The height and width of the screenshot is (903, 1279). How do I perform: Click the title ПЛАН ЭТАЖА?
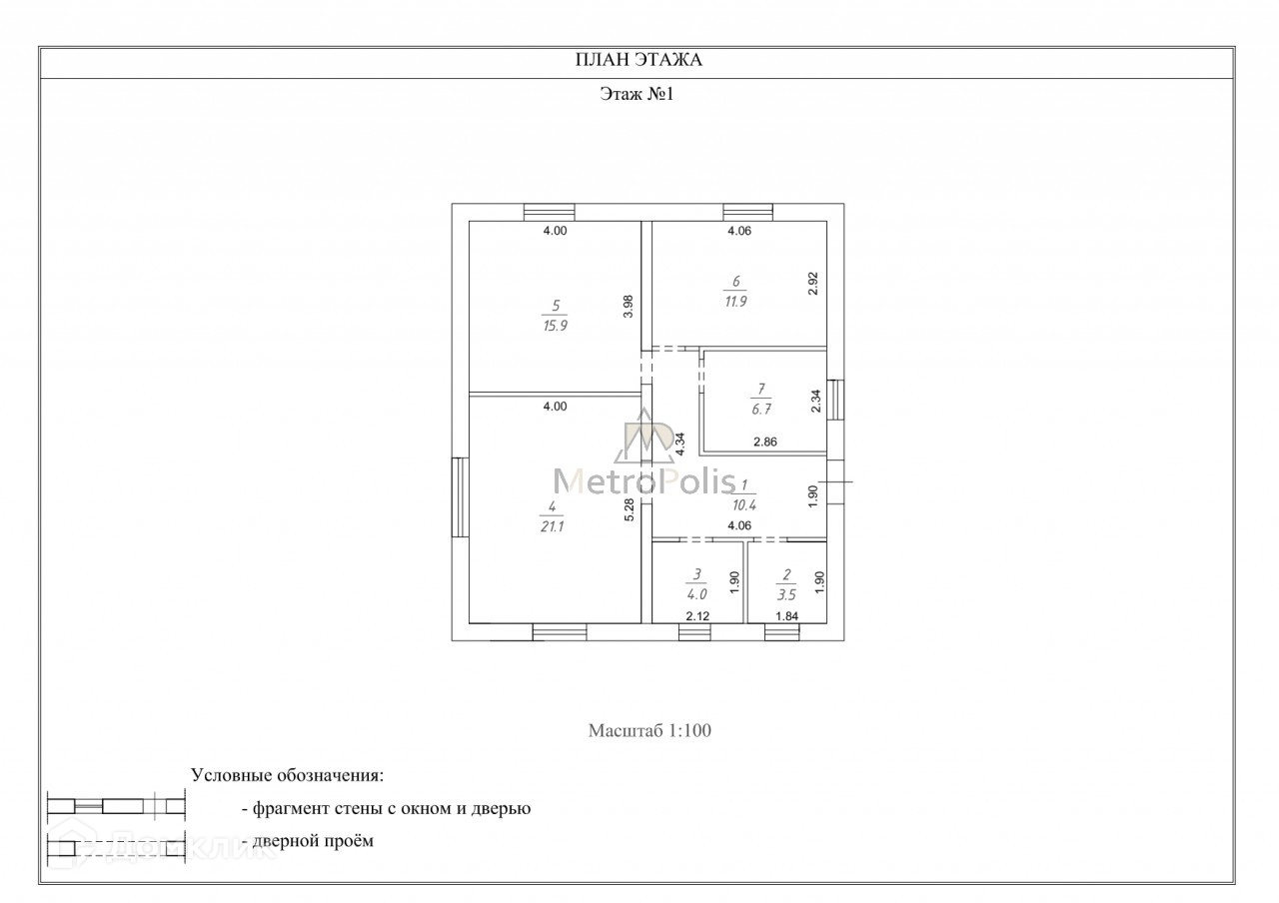639,60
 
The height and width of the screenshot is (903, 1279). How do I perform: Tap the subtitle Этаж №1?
639,94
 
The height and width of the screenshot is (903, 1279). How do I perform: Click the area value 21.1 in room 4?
553,527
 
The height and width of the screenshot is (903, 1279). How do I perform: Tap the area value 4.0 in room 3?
696,593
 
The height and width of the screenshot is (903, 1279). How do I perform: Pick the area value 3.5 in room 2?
786,593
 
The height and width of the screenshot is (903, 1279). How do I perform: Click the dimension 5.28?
630,510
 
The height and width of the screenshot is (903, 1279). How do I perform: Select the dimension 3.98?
629,306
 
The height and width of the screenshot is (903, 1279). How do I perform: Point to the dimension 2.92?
813,284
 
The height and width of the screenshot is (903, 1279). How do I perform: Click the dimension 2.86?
765,441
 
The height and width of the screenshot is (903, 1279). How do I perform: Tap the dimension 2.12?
696,616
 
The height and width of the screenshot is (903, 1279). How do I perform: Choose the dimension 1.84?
786,616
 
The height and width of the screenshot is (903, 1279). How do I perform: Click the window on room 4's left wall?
461,496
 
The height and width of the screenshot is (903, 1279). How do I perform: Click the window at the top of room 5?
550,212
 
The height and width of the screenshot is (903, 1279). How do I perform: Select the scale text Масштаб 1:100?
648,730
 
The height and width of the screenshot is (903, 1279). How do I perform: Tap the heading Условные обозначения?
287,775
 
